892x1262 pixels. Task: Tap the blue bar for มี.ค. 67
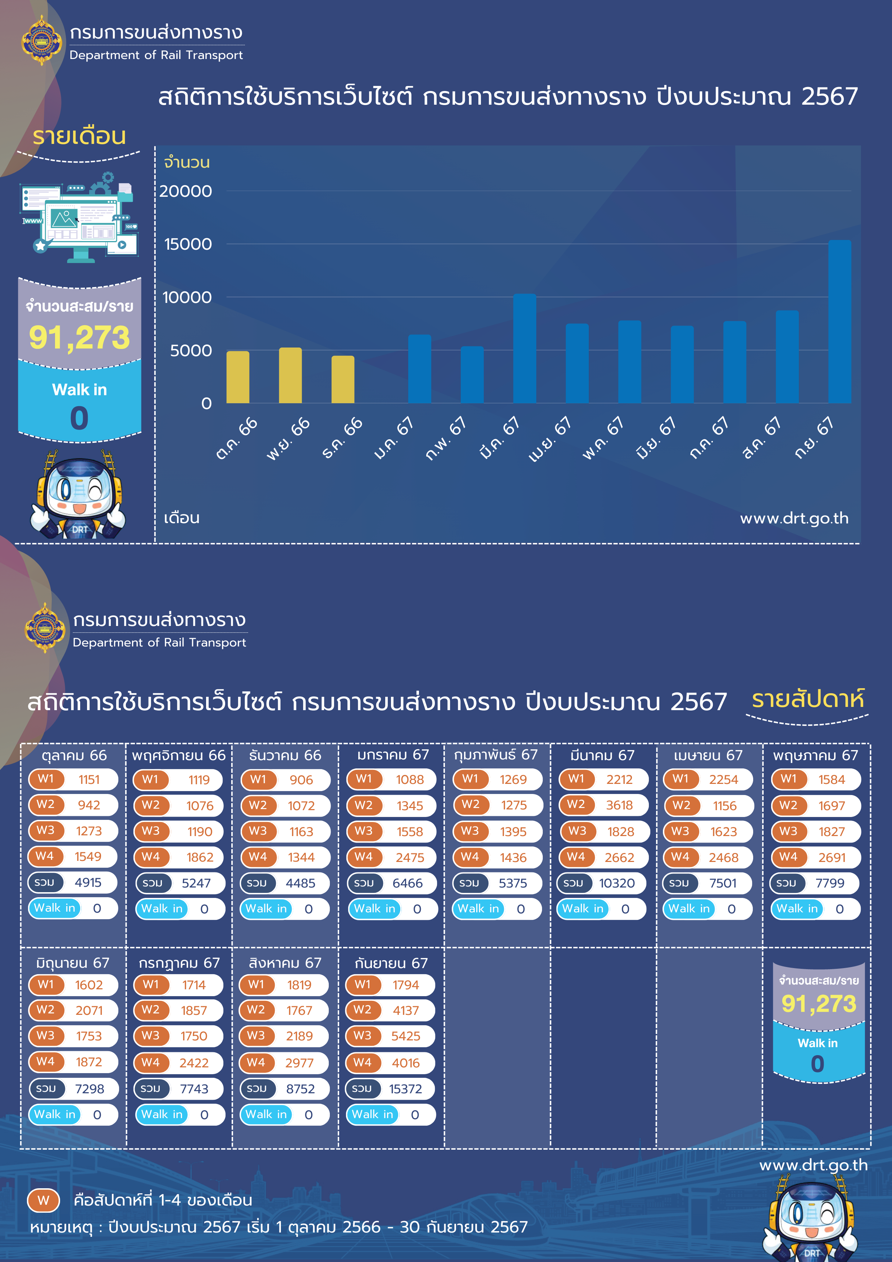(524, 349)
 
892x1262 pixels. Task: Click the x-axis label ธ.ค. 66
(342, 438)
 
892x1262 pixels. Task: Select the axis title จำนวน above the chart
(187, 163)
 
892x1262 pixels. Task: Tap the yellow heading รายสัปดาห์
(807, 699)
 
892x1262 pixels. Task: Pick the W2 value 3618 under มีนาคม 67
(619, 805)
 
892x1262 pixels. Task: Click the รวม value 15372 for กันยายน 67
(406, 1089)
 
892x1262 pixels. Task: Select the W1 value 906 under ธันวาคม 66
(301, 780)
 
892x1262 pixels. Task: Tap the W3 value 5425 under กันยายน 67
(406, 1036)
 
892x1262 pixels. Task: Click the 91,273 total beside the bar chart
(79, 337)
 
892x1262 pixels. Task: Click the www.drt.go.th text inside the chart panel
(794, 518)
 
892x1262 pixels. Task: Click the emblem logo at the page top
(42, 41)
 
